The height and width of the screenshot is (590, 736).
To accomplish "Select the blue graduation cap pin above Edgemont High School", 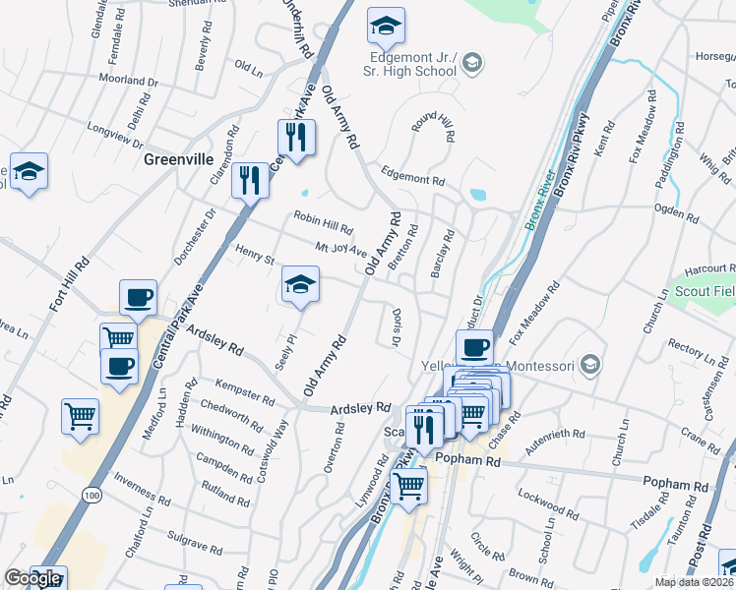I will coord(387,29).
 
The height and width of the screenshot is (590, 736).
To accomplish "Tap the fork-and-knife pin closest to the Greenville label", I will coord(250,181).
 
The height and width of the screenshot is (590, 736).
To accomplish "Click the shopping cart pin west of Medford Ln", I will coord(81,416).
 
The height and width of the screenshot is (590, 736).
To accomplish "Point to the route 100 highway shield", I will coord(92,496).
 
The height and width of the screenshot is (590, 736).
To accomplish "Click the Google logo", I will coord(33,578).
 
